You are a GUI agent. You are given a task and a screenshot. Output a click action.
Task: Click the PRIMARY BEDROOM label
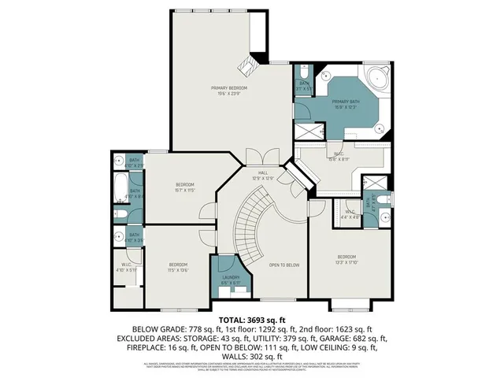(x=229, y=87)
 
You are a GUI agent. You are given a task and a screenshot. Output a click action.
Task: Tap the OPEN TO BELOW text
(x=284, y=265)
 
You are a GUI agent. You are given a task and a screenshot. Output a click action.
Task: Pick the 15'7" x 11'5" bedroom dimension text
(x=185, y=190)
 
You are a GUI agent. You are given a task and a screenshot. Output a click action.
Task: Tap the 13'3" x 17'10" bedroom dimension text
(x=347, y=262)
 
